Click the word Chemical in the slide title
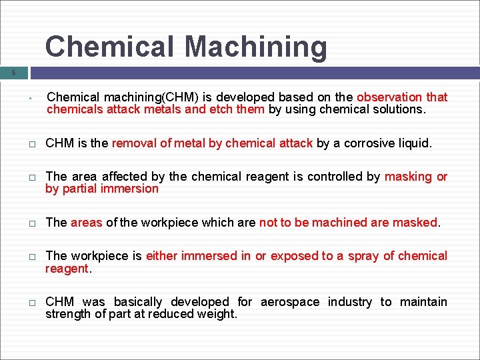(109, 47)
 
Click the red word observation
(390, 97)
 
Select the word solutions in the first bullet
(399, 109)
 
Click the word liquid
(415, 143)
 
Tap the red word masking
(409, 177)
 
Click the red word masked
(417, 223)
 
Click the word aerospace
(290, 302)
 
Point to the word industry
(349, 302)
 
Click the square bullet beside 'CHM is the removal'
(31, 144)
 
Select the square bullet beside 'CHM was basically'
(31, 303)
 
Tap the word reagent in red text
(66, 268)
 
